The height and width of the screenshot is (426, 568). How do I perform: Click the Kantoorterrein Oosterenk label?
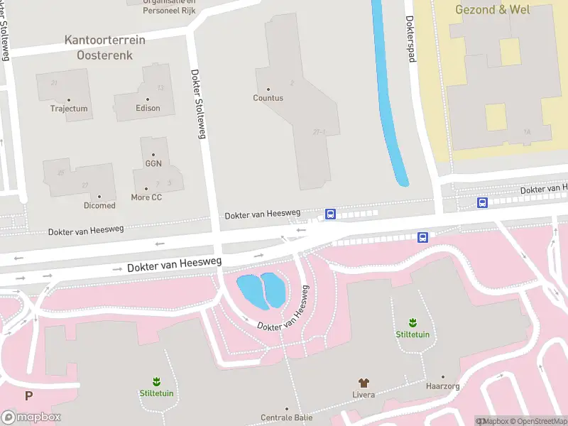click(105, 47)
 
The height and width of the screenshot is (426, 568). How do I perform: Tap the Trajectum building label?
click(69, 109)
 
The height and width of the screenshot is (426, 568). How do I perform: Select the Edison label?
click(148, 108)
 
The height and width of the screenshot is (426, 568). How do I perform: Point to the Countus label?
click(268, 98)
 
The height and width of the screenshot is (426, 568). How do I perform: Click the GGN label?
click(153, 163)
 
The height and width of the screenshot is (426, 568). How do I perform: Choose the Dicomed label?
click(99, 205)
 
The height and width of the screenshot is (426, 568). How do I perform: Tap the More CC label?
click(146, 197)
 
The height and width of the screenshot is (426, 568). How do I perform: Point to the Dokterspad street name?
click(410, 39)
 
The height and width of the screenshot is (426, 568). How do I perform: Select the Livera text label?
click(364, 394)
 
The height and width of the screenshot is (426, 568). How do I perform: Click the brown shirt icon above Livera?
click(364, 383)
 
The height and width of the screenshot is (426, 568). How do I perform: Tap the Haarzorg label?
click(443, 387)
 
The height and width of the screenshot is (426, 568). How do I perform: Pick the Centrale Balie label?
click(287, 417)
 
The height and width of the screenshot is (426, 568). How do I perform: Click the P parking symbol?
click(28, 396)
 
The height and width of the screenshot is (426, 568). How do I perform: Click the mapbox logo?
click(31, 417)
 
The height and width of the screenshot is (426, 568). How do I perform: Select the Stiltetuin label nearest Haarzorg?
click(413, 334)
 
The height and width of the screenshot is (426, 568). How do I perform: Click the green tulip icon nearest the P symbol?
click(156, 382)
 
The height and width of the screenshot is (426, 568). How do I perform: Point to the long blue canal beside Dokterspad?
click(388, 99)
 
